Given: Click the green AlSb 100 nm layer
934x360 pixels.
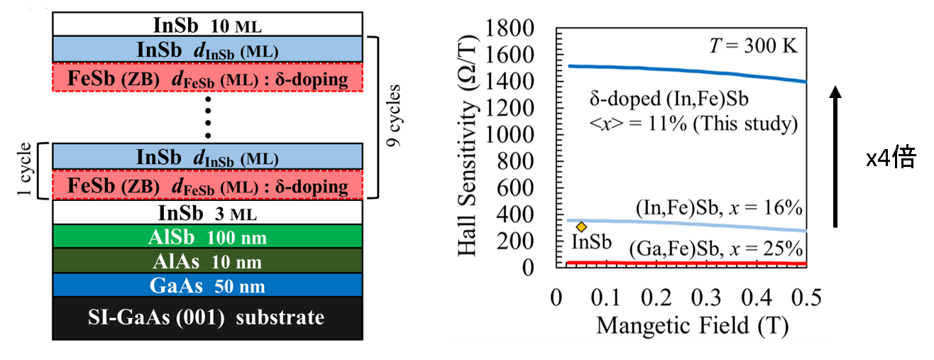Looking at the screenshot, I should [x=207, y=236].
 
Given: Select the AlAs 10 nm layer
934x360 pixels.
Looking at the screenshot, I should [x=207, y=261].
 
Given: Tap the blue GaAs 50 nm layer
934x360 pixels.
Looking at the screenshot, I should [x=207, y=285].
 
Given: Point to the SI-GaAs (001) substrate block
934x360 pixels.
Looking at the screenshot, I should [x=207, y=317].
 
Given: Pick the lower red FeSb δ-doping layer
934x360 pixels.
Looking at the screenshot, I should [x=207, y=186].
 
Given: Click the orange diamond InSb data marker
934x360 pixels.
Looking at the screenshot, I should [x=581, y=227].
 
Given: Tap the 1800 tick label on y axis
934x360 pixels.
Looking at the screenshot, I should [x=517, y=29].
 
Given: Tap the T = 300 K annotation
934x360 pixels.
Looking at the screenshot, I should [x=754, y=46].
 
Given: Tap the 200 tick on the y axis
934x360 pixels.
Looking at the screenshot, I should [x=524, y=242].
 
